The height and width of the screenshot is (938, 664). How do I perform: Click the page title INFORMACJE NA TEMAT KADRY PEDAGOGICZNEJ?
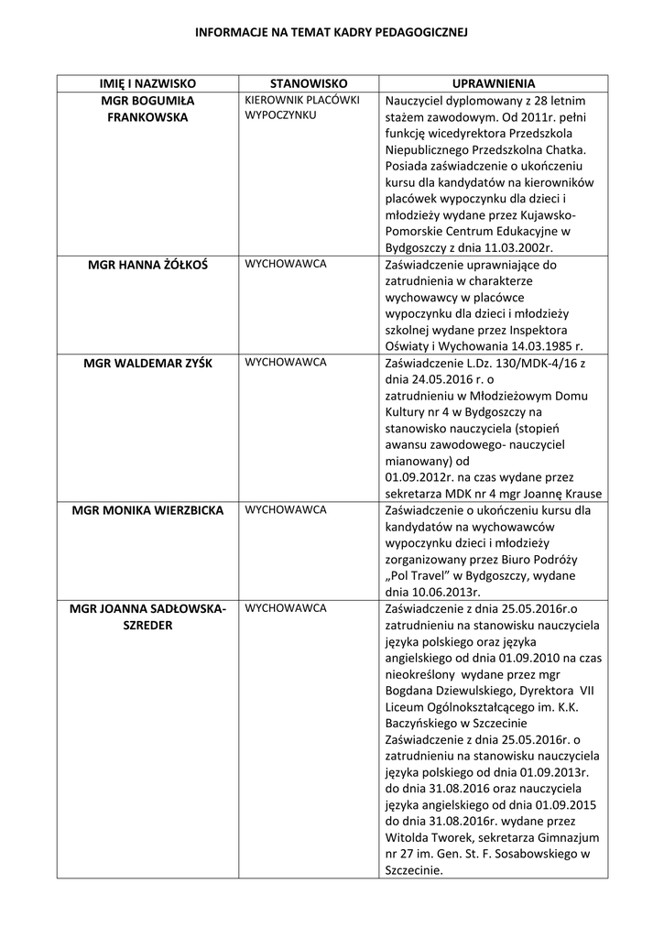click(332, 31)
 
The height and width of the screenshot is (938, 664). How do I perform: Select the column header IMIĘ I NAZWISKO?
click(147, 82)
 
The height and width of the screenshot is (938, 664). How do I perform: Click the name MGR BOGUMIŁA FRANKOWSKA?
click(147, 108)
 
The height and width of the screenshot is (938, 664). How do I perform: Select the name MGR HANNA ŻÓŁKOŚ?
click(147, 265)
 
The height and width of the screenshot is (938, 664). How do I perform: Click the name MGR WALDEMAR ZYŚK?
click(147, 363)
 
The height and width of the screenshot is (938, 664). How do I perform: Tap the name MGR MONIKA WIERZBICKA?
click(147, 510)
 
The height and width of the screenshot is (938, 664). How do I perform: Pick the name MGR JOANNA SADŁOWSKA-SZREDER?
click(147, 616)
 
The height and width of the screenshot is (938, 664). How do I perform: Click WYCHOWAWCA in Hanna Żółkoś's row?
click(285, 264)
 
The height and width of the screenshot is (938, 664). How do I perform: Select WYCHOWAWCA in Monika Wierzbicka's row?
click(285, 509)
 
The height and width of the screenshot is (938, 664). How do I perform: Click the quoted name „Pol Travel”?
click(421, 575)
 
